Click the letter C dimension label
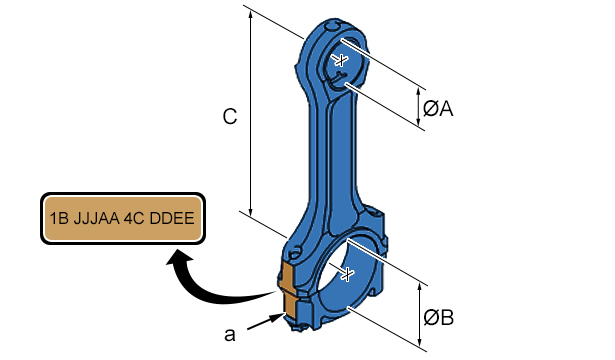click(230, 116)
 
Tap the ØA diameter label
click(438, 108)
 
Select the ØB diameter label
click(439, 317)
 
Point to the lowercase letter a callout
click(230, 335)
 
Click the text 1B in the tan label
click(59, 218)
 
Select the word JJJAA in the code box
click(96, 218)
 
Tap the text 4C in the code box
click(134, 218)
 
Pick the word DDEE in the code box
click(172, 218)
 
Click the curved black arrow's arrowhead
click(180, 258)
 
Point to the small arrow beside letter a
click(266, 320)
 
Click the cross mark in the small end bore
click(342, 60)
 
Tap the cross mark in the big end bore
click(348, 274)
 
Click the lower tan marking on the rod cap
click(290, 305)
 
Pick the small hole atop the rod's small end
click(333, 26)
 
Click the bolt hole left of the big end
click(295, 252)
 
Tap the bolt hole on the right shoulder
click(376, 212)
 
